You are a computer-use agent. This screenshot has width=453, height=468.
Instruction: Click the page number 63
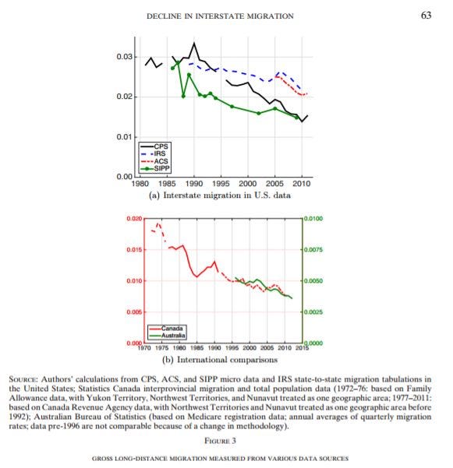click(x=426, y=16)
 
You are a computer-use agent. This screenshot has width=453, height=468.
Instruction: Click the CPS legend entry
click(x=154, y=146)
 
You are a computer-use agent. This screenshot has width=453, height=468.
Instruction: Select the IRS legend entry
click(x=153, y=153)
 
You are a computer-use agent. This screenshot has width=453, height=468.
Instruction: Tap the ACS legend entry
click(x=154, y=161)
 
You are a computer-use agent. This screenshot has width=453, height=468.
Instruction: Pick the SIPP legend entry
click(x=155, y=168)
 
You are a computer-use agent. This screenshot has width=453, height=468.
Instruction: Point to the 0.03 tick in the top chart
click(x=125, y=56)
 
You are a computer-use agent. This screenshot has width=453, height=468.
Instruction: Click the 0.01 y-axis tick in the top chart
click(x=125, y=137)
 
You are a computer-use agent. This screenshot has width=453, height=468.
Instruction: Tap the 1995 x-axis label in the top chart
click(x=221, y=183)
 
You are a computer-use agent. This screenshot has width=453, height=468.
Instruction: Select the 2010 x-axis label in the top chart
click(x=302, y=183)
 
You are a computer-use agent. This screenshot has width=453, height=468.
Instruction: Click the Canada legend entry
click(x=166, y=329)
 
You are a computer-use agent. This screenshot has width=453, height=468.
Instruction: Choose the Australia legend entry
click(x=168, y=336)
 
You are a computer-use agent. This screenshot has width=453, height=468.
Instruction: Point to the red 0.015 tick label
click(x=134, y=249)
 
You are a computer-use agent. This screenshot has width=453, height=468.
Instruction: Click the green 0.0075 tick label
click(x=313, y=249)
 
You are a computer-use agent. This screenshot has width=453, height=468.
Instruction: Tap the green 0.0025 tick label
click(x=313, y=312)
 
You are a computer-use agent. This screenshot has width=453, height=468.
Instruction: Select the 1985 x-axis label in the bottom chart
click(x=197, y=348)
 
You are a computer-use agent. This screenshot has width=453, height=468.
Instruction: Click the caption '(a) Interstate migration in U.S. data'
click(x=220, y=195)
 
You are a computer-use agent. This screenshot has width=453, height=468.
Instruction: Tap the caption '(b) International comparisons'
click(x=220, y=360)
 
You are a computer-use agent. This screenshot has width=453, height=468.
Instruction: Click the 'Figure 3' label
click(x=220, y=441)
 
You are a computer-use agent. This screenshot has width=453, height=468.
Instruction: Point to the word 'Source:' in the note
click(x=23, y=379)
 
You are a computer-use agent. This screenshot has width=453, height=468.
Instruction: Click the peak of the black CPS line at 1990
click(x=194, y=44)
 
